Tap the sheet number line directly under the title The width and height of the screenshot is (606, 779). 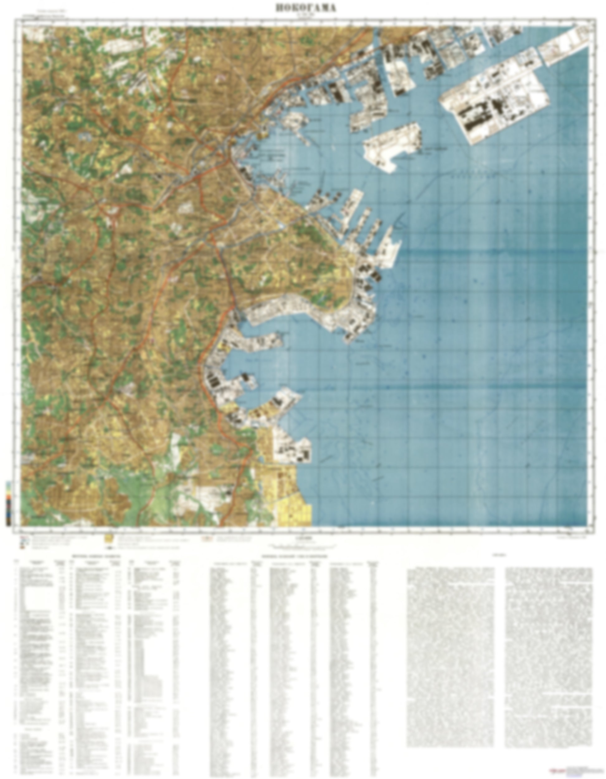coord(306,15)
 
